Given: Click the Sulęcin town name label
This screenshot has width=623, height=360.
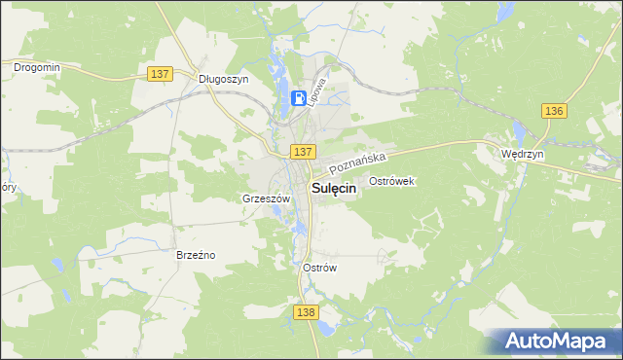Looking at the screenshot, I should click(332, 190).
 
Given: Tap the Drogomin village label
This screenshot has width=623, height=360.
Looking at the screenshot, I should click(36, 67).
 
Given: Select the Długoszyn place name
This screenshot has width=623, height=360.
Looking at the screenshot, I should click(223, 79).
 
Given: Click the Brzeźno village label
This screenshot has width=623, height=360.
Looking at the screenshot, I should click(195, 255).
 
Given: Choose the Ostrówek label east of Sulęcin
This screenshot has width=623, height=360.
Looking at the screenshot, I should click(393, 182).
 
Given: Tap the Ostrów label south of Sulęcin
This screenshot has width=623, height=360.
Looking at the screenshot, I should click(319, 269).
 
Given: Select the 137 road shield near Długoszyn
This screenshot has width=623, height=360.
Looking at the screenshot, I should click(162, 74).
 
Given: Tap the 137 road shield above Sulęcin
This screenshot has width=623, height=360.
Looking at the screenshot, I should click(302, 152).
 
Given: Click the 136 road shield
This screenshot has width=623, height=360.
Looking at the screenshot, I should click(554, 111).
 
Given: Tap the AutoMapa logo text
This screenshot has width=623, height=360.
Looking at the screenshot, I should click(564, 341).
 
